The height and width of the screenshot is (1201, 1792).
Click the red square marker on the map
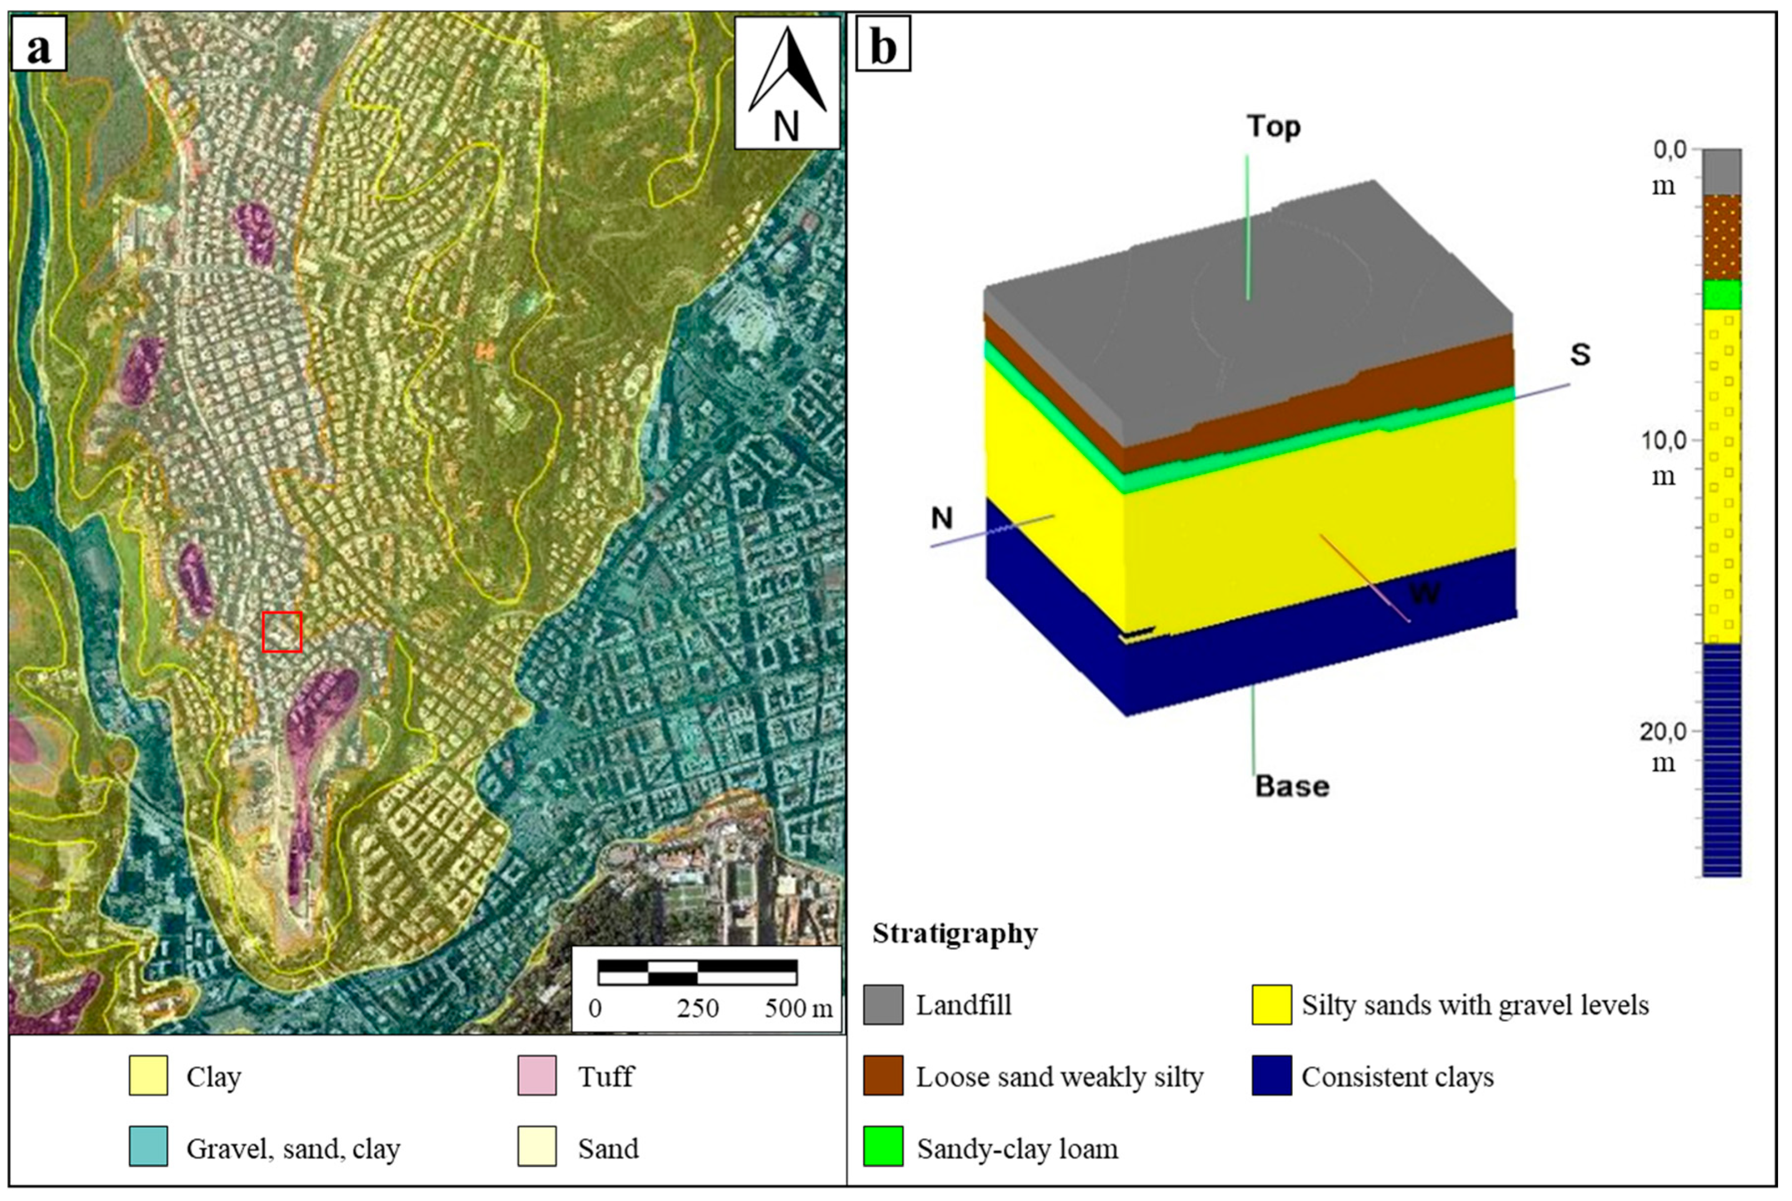pos(282,632)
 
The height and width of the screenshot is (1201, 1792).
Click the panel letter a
pos(38,48)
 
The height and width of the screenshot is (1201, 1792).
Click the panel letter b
pos(883,48)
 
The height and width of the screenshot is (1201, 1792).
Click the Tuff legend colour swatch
pos(537,1076)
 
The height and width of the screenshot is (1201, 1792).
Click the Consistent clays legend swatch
pos(1272,1076)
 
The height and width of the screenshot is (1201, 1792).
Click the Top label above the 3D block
pos(1273,126)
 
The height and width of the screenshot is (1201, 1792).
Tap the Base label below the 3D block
pos(1292,786)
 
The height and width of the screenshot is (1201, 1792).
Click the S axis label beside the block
pos(1580,354)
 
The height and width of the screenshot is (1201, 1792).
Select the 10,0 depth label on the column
pos(1663,440)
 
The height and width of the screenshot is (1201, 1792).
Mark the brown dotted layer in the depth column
pos(1722,237)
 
